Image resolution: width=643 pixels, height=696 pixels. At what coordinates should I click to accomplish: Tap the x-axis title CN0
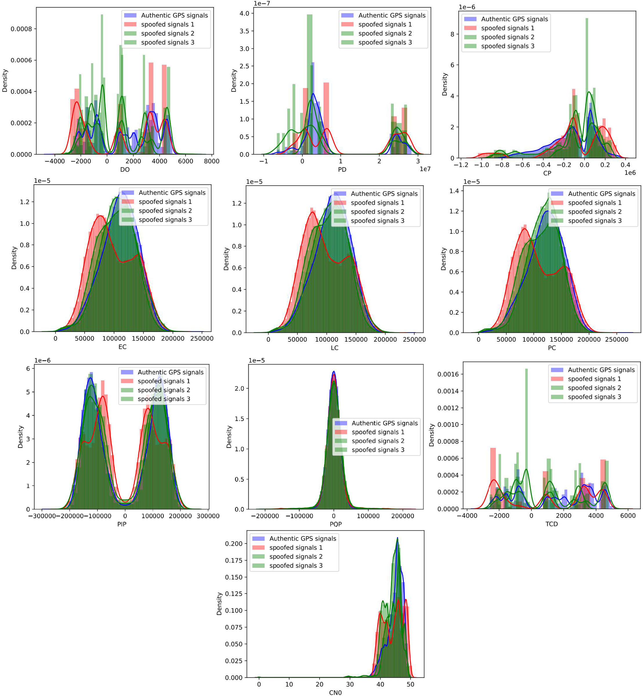[x=335, y=693]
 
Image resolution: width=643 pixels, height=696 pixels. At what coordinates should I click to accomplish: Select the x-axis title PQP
[x=335, y=524]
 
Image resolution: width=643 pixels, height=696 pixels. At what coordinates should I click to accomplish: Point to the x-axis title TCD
[x=551, y=524]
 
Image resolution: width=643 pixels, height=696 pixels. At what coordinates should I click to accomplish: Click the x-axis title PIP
[x=122, y=524]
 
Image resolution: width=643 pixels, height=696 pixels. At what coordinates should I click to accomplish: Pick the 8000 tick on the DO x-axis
[x=211, y=161]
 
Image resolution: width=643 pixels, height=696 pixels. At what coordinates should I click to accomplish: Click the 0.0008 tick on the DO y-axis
[x=21, y=29]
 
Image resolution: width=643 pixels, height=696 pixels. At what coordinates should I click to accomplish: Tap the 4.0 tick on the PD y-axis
[x=244, y=14]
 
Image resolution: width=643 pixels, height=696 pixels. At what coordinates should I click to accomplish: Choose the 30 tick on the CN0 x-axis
[x=350, y=684]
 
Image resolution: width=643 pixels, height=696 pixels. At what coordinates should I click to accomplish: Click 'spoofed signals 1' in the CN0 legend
[x=296, y=547]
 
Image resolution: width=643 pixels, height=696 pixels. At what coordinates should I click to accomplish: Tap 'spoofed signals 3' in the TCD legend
[x=594, y=397]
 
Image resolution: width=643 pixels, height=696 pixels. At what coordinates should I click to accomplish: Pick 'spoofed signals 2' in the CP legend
[x=508, y=37]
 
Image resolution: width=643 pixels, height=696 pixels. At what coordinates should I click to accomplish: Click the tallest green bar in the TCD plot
[x=526, y=438]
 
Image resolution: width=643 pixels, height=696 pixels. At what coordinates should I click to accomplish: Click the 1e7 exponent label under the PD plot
[x=425, y=169]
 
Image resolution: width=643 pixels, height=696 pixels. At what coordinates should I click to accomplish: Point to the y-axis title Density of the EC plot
[x=14, y=258]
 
